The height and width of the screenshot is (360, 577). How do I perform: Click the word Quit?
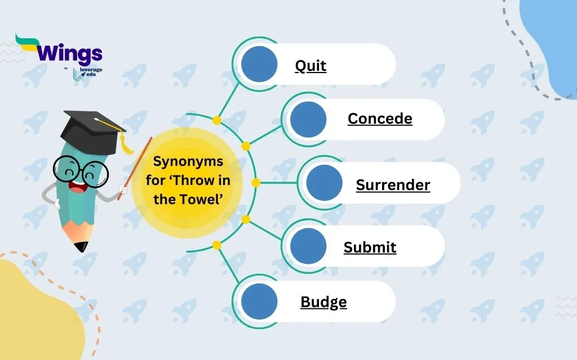(x=310, y=66)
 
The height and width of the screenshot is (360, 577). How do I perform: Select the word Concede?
(x=380, y=119)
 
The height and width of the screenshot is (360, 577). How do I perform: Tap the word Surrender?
(x=393, y=184)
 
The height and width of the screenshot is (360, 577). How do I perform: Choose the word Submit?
(x=370, y=247)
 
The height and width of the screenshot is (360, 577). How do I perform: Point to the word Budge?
(x=323, y=302)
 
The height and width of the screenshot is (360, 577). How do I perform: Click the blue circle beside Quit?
(x=259, y=64)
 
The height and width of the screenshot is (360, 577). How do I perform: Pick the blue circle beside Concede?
(x=308, y=119)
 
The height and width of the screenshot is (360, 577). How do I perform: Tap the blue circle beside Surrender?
(x=324, y=183)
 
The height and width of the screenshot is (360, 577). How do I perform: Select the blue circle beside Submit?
(x=308, y=246)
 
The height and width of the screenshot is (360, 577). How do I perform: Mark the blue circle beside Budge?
(x=259, y=301)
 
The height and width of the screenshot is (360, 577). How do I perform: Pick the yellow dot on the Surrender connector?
(x=255, y=183)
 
